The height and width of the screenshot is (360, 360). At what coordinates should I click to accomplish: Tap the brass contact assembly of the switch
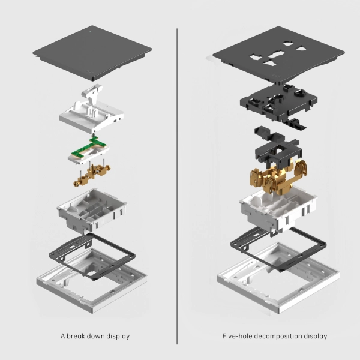[x=92, y=174]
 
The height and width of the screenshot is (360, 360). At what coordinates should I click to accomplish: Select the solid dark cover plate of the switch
[x=92, y=53]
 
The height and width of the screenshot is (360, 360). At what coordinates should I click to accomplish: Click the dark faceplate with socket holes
[x=278, y=55]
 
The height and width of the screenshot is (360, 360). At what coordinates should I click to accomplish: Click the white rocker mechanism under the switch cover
[x=91, y=110]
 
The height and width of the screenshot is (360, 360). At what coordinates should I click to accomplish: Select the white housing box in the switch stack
[x=92, y=209]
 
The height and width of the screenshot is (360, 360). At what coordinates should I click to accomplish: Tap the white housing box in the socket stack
[x=278, y=208]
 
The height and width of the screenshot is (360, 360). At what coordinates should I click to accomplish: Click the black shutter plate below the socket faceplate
[x=278, y=103]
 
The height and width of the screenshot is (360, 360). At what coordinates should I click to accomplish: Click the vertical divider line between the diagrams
[x=177, y=187]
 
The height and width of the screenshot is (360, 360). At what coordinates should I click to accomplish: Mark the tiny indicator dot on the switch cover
[x=90, y=32]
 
